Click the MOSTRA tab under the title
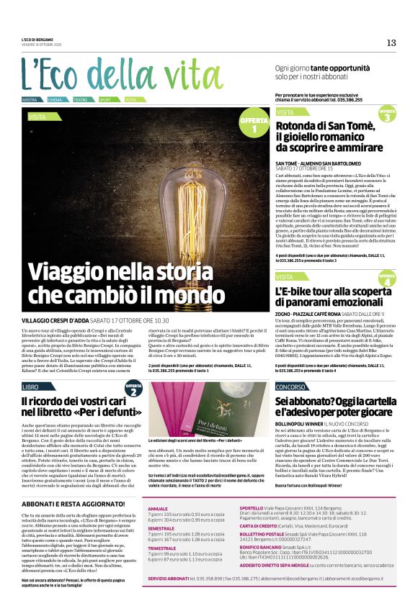click(30, 99)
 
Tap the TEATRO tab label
click(80, 99)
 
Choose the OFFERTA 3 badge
click(386, 114)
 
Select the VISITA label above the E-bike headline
click(285, 276)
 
